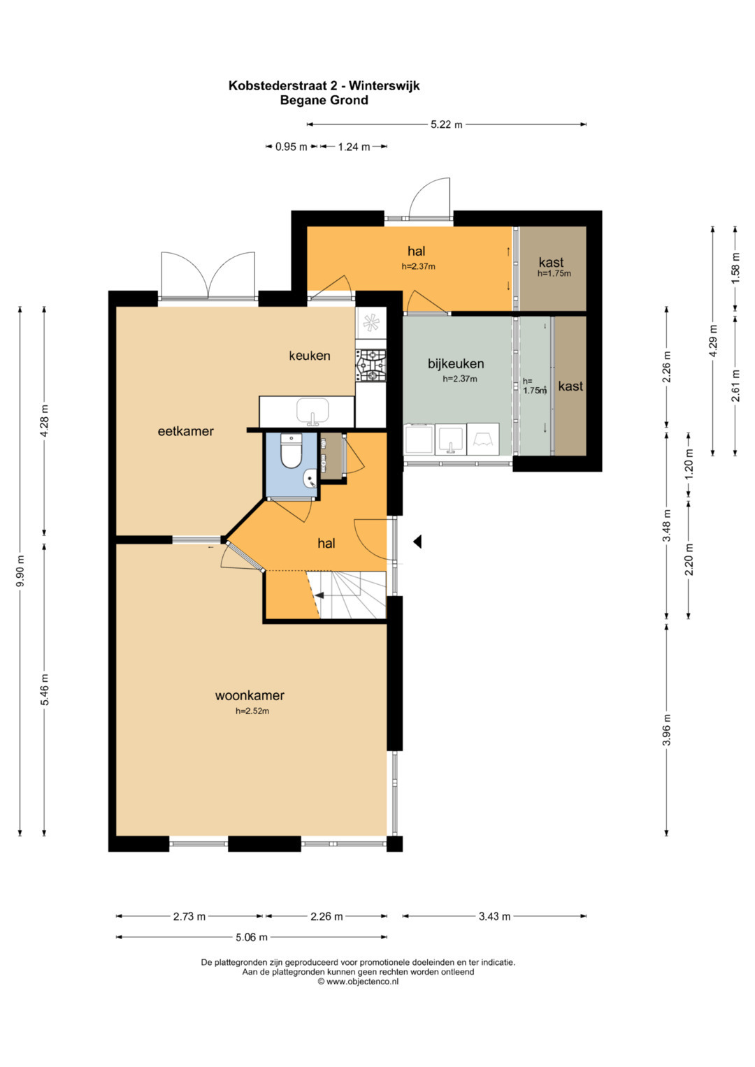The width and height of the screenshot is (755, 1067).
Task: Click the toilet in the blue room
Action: (291, 450)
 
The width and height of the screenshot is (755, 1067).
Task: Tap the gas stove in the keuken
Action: (371, 365)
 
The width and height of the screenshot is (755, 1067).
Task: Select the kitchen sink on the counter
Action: (312, 412)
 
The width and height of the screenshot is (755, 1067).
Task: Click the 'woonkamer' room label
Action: (250, 695)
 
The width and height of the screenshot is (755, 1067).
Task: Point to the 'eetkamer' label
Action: (185, 431)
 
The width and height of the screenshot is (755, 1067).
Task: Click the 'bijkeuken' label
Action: (456, 363)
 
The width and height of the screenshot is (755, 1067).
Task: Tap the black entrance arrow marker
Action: (417, 541)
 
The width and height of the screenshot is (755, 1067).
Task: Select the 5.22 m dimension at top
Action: (446, 124)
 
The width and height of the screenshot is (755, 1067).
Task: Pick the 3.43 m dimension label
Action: (494, 916)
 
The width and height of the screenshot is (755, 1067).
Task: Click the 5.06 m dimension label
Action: (252, 937)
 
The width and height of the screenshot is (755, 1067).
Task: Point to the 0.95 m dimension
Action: (292, 147)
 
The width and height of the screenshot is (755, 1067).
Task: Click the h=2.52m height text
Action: (252, 711)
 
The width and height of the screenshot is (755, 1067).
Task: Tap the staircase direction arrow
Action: (319, 595)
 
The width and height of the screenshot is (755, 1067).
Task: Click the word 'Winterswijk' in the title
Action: (384, 86)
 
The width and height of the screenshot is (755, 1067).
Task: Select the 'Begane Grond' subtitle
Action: (324, 101)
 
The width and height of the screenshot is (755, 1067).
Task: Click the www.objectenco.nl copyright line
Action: (358, 981)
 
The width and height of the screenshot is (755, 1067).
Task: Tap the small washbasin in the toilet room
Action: (310, 478)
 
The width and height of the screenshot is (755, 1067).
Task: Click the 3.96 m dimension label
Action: (666, 730)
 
